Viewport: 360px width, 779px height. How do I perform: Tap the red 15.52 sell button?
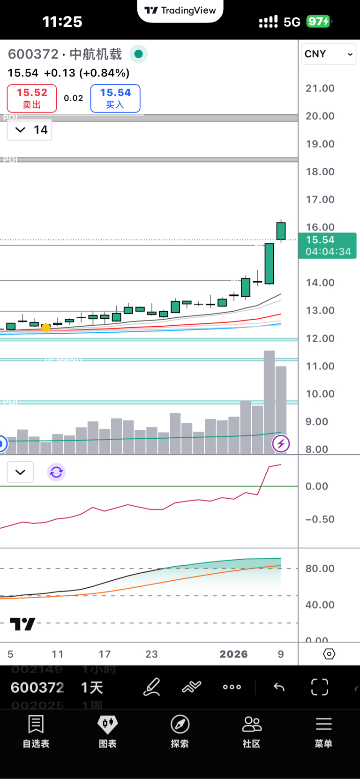[x=32, y=98]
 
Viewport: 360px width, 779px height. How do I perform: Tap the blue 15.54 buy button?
[x=115, y=98]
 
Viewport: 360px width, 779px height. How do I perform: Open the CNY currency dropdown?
[x=328, y=54]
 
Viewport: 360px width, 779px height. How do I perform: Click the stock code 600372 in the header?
[x=33, y=54]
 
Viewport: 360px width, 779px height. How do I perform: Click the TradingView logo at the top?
[x=180, y=10]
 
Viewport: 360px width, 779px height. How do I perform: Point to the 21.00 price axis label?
[x=320, y=88]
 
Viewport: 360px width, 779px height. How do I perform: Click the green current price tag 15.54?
[x=327, y=245]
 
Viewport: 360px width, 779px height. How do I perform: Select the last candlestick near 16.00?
[x=281, y=231]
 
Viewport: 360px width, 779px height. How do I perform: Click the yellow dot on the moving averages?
[x=46, y=328]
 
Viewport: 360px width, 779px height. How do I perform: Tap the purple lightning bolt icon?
[x=281, y=443]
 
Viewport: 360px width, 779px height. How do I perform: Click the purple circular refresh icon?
[x=56, y=472]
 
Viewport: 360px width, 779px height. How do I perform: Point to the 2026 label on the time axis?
[x=233, y=654]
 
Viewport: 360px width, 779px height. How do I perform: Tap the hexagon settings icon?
[x=329, y=654]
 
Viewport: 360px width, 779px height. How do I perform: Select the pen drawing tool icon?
[x=152, y=687]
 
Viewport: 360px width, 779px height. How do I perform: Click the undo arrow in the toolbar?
[x=279, y=687]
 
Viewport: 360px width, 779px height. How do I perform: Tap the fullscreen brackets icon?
[x=320, y=687]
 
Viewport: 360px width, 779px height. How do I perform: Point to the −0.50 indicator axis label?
[x=320, y=519]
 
